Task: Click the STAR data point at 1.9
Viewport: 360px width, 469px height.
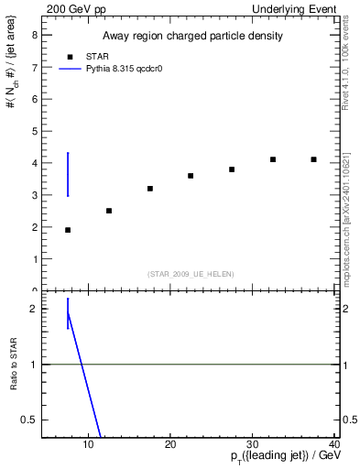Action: pos(68,230)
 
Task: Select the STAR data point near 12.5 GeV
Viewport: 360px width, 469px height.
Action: pos(109,211)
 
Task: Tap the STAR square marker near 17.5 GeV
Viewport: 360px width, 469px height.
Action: pos(149,189)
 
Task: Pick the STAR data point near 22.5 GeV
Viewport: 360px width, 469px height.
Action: pos(191,176)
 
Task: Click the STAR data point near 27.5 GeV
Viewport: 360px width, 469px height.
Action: pos(232,169)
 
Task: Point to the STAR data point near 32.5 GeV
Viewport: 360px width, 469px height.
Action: pos(273,159)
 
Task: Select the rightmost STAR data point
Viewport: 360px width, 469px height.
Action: pos(313,159)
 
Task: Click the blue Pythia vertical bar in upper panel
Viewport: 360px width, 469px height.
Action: pos(68,174)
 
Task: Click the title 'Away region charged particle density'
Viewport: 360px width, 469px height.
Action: pos(191,36)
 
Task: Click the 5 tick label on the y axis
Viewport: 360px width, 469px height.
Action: pos(34,131)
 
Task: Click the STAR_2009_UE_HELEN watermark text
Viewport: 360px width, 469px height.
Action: pos(191,274)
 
